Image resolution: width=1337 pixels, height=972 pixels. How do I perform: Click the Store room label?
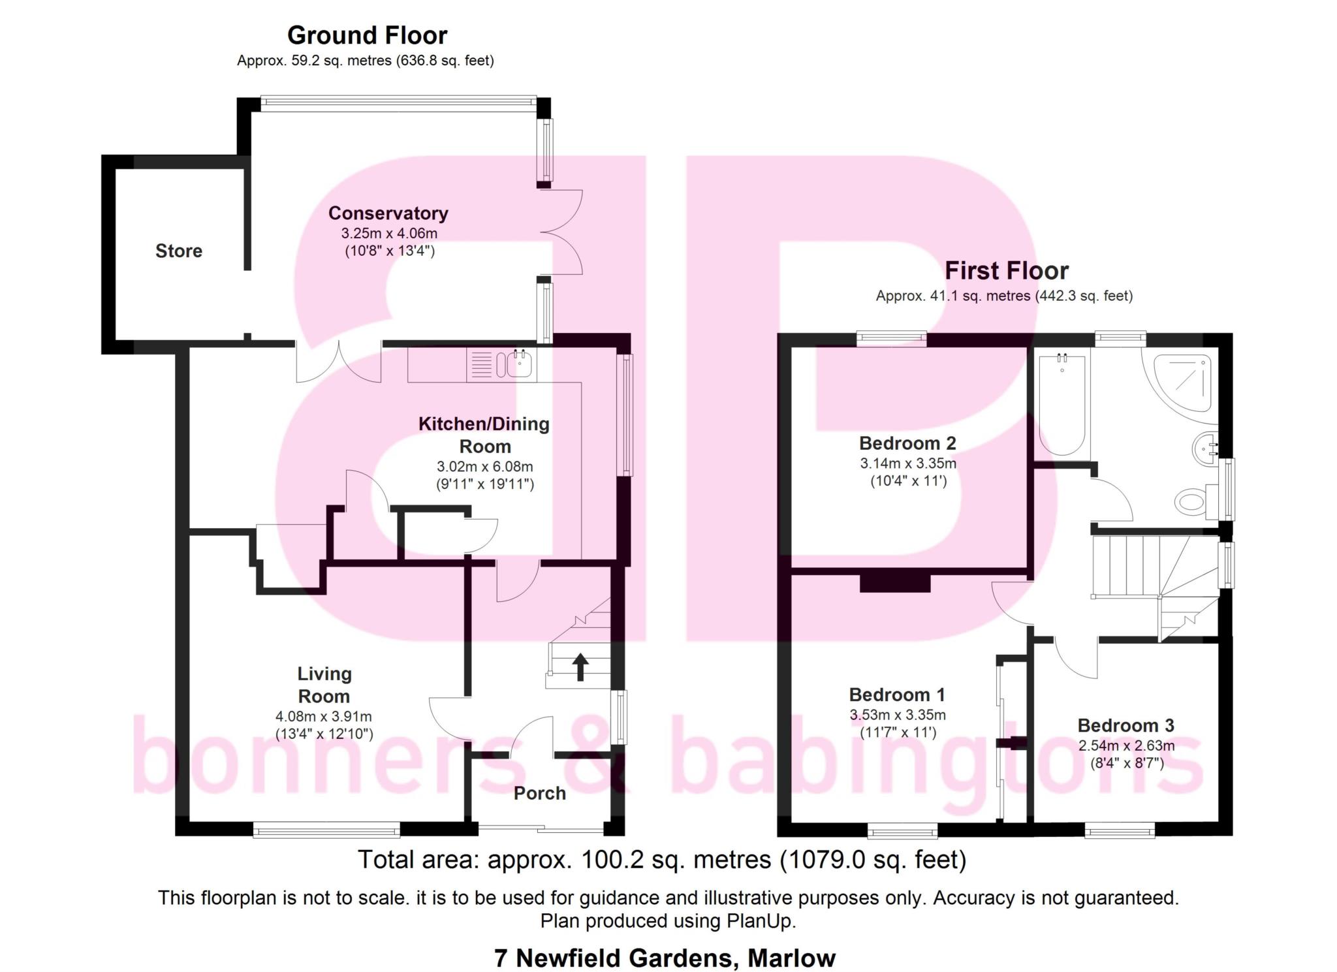pos(179,251)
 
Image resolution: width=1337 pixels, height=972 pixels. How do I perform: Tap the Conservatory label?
pos(388,213)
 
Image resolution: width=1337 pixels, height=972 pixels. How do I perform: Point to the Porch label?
pos(539,793)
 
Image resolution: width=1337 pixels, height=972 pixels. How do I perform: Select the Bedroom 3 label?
pos(1126,725)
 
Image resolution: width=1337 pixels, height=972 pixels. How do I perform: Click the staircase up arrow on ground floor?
pos(580,667)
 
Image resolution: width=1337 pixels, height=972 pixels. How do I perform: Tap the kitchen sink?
pos(515,364)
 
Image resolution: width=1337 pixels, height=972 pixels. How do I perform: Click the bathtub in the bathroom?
pos(1062,404)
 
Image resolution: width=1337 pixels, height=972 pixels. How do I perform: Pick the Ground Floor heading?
pos(368,35)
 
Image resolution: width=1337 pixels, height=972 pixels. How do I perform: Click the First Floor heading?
pos(1007,270)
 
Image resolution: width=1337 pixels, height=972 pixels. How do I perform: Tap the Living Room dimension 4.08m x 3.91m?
pos(324,716)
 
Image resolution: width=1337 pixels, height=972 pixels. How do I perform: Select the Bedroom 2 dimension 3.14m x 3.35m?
pos(908,463)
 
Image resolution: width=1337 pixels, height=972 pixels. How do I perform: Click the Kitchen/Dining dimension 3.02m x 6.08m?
pos(485,467)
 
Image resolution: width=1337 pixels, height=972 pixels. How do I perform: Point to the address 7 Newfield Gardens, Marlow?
pos(665,958)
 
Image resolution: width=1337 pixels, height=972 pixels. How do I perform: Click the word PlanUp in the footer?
pos(759,921)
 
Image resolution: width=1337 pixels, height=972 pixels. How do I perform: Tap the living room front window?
pos(326,830)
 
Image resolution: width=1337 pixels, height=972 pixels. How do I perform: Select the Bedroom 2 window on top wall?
pos(892,338)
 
